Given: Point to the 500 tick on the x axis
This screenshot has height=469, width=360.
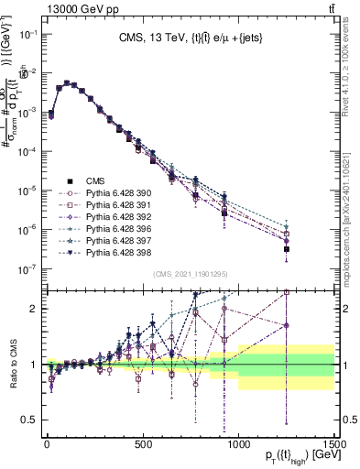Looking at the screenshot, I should [142, 443].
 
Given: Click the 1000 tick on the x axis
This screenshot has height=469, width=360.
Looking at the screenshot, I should [238, 443].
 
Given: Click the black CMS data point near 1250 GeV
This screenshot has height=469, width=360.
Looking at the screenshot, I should [287, 249].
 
